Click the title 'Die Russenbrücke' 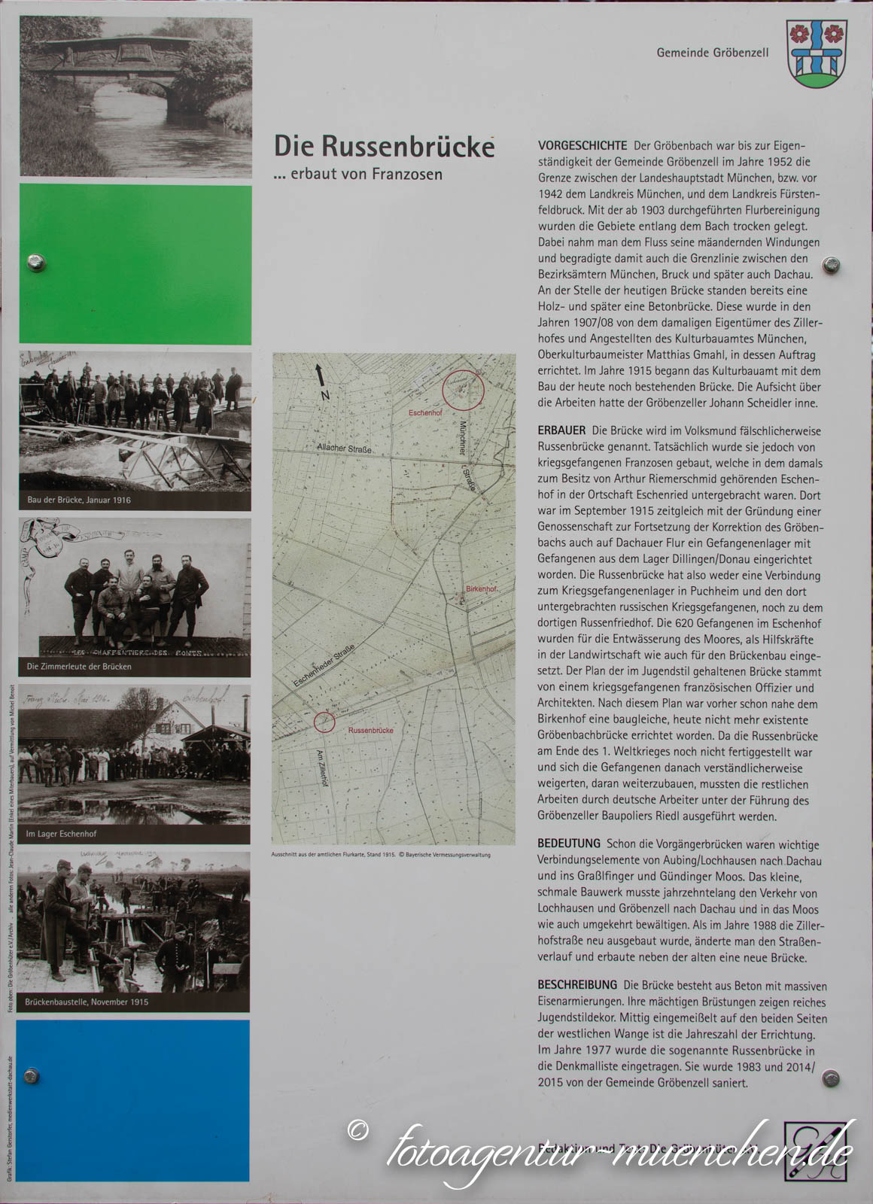[384, 146]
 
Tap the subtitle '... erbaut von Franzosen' [357, 174]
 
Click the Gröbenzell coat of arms [817, 53]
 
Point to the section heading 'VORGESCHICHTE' [583, 145]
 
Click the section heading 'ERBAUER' [561, 430]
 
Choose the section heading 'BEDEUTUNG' [569, 844]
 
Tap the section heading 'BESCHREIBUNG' [577, 985]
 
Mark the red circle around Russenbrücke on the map [324, 722]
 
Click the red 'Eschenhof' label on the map [425, 414]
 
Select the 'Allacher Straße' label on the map [344, 448]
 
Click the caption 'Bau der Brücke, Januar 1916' [78, 500]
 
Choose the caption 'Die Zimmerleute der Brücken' [79, 667]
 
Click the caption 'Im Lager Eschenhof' [62, 834]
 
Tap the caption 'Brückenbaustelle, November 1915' [87, 1002]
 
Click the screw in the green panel [35, 263]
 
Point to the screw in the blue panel [32, 1076]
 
